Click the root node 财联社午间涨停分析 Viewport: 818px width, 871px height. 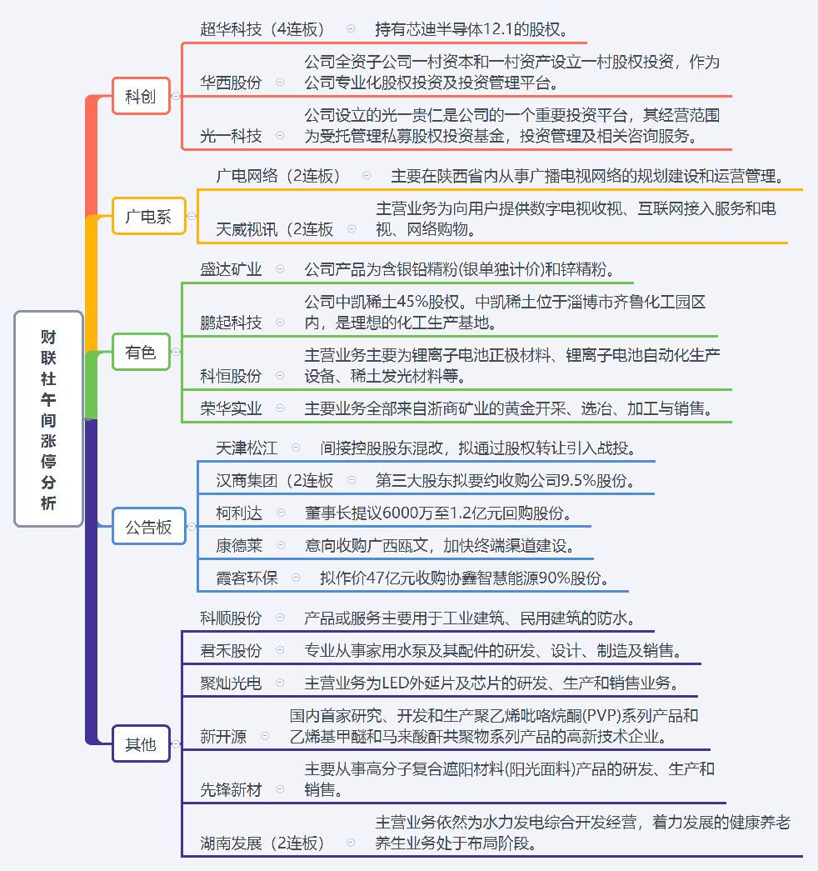(x=49, y=419)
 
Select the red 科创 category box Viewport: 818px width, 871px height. (x=141, y=96)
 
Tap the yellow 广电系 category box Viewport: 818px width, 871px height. (x=149, y=216)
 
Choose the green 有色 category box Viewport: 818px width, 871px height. (x=141, y=352)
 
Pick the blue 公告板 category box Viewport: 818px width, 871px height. (x=149, y=526)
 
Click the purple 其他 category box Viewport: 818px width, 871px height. (x=141, y=743)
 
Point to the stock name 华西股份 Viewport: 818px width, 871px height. (x=231, y=83)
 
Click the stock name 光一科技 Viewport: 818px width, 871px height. (x=231, y=136)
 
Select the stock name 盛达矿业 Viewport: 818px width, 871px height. (x=231, y=269)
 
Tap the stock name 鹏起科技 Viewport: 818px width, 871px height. (x=231, y=323)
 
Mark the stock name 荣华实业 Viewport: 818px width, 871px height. (x=231, y=409)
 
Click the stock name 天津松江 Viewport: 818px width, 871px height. (x=247, y=448)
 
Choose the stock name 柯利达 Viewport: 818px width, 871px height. (x=239, y=513)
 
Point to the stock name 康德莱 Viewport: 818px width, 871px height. (x=239, y=545)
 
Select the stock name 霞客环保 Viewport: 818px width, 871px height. (x=247, y=578)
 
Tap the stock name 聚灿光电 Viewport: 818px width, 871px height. (x=231, y=683)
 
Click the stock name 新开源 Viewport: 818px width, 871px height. (x=223, y=737)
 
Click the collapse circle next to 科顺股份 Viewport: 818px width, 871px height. (x=281, y=618)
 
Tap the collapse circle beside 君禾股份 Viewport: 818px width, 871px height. (x=281, y=650)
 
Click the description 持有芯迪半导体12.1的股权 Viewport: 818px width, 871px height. (x=471, y=29)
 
